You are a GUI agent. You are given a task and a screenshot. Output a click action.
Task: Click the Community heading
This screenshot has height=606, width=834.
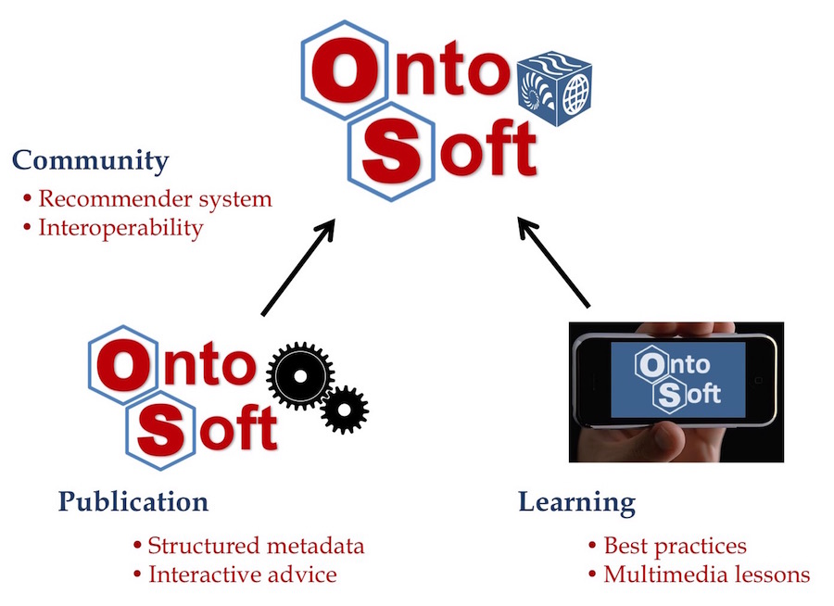tap(91, 160)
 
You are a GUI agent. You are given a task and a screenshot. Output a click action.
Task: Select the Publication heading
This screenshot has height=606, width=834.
tap(133, 501)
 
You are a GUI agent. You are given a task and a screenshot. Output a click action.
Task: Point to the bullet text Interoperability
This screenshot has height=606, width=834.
tap(120, 228)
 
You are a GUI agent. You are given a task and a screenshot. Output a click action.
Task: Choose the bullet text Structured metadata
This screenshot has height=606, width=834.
tap(256, 546)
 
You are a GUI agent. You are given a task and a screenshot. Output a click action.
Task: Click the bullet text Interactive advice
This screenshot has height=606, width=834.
tap(243, 574)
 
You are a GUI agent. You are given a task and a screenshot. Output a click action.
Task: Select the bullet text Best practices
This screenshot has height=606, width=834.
tap(675, 547)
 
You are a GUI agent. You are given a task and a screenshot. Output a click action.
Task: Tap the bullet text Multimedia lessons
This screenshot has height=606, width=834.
tap(707, 574)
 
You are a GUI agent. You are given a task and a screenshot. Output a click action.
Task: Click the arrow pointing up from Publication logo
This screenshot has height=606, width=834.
tap(298, 267)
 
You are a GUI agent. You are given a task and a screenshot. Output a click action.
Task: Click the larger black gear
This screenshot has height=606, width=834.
tap(300, 376)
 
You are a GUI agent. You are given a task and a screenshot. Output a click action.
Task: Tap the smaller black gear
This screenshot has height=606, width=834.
tap(344, 410)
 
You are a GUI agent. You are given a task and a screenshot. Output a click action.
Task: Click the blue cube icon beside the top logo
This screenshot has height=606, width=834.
tap(555, 88)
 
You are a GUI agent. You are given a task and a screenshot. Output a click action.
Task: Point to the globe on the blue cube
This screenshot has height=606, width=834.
tap(575, 95)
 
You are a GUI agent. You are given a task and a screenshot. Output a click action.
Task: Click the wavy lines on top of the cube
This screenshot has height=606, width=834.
tap(553, 64)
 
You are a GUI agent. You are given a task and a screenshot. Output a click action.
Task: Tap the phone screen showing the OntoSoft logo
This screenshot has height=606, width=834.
tap(678, 380)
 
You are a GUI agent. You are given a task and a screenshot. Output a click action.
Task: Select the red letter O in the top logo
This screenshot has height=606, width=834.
tap(346, 71)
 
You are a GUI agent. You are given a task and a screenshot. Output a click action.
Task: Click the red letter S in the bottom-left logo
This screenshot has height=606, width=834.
tap(160, 430)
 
